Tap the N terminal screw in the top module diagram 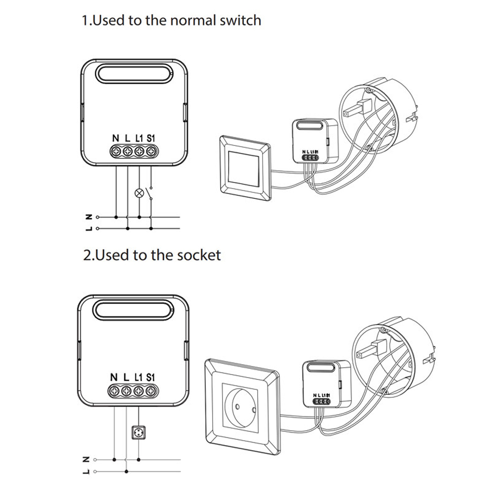pos(116,152)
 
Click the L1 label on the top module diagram pos(139,139)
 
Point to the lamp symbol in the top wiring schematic pos(139,193)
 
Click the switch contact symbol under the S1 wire pos(151,192)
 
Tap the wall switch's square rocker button pos(243,167)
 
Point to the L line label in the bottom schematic pos(88,471)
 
